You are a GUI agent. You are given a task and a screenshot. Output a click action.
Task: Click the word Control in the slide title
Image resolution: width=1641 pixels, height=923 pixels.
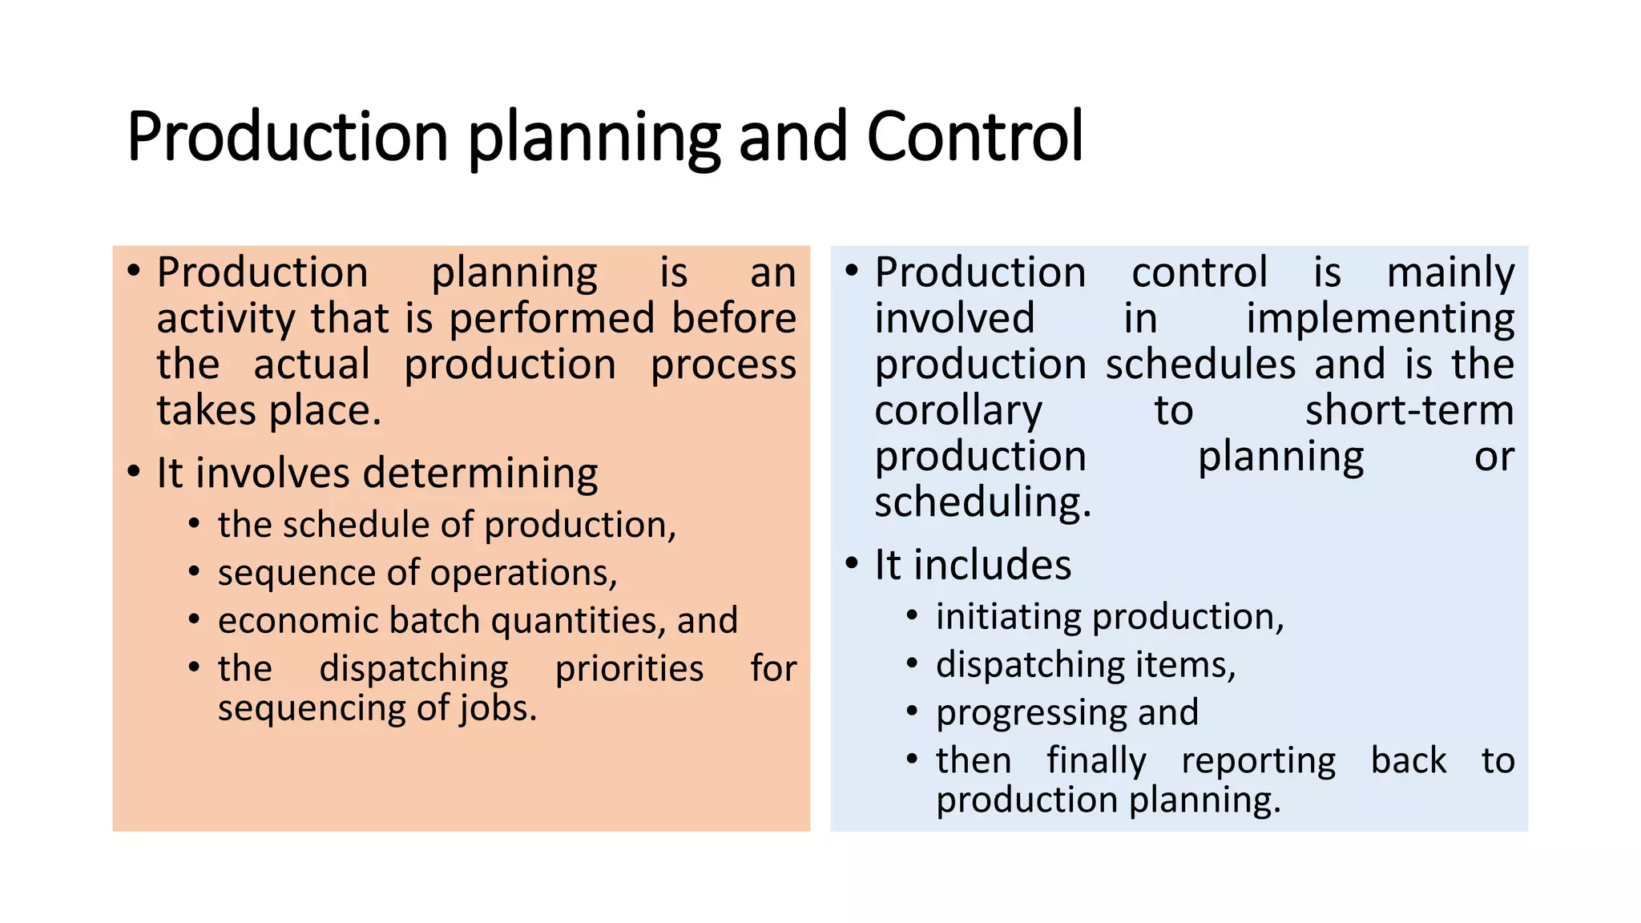pos(974,136)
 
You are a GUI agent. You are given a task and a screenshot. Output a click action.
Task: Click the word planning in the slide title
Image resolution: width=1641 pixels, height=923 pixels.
pos(593,136)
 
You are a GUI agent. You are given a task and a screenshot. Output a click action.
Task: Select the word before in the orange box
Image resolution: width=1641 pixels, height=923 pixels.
pos(733,319)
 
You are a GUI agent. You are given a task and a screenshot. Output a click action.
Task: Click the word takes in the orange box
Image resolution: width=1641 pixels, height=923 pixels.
pos(205,411)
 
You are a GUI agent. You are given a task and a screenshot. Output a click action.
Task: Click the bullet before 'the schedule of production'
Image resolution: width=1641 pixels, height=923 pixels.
pos(194,525)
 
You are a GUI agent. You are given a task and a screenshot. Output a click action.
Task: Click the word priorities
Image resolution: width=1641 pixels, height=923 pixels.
pos(629,669)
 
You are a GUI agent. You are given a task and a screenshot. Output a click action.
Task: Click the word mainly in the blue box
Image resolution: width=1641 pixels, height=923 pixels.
pos(1450,272)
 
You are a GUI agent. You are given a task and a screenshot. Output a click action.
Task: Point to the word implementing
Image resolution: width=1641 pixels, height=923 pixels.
pos(1380,319)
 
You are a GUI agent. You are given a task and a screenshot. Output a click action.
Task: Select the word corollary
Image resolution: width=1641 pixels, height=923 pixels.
pos(958,411)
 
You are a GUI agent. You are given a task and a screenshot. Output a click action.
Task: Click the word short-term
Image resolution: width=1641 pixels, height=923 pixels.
pos(1409,411)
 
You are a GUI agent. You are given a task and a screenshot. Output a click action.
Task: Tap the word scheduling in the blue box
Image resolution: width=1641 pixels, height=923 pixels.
pos(982,503)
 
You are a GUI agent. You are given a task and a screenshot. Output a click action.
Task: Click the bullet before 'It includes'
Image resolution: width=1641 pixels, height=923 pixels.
pos(852,564)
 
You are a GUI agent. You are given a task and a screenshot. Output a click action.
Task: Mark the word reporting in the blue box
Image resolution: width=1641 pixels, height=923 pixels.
pos(1258,761)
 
